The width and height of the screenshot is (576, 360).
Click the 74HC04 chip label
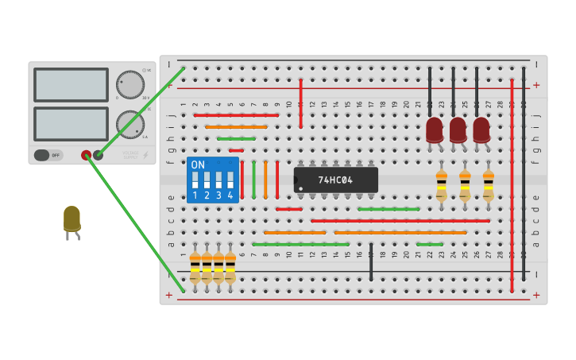335,180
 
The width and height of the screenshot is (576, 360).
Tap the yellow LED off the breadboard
72,219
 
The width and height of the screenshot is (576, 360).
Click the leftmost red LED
434,130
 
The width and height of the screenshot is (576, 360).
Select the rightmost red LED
481,130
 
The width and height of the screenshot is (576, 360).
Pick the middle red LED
458,130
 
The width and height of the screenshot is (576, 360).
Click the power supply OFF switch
48,155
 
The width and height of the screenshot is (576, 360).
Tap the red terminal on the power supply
86,155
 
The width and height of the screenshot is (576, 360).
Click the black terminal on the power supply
99,155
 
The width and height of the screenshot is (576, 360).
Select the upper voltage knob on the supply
130,84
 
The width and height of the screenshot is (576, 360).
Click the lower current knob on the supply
130,124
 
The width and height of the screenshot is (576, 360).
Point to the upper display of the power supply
71,84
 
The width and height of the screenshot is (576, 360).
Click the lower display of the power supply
71,123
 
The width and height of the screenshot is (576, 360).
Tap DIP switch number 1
195,179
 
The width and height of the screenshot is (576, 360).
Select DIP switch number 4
230,179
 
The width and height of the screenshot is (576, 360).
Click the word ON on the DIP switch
198,165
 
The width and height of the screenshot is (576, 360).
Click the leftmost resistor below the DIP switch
195,267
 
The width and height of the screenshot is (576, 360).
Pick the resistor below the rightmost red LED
488,184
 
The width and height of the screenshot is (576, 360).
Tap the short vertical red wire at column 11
300,103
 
